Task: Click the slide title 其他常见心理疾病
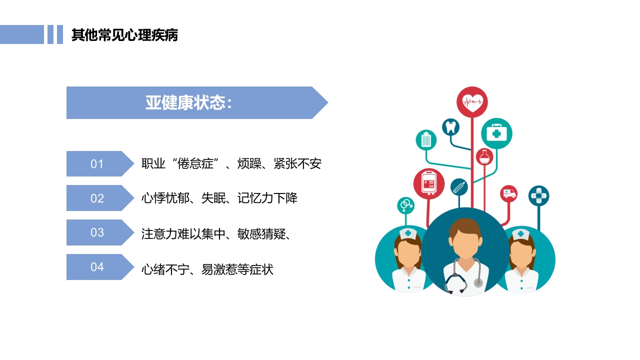pyautogui.click(x=124, y=35)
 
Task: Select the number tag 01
pyautogui.click(x=97, y=164)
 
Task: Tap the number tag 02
pyautogui.click(x=97, y=198)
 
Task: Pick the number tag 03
pyautogui.click(x=97, y=232)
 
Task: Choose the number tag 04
pyautogui.click(x=97, y=267)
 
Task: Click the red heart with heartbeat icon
pyautogui.click(x=472, y=102)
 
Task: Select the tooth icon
pyautogui.click(x=450, y=126)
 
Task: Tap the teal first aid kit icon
pyautogui.click(x=496, y=133)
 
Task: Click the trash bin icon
pyautogui.click(x=426, y=140)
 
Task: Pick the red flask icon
pyautogui.click(x=484, y=157)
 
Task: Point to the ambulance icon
pyautogui.click(x=509, y=193)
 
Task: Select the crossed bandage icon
pyautogui.click(x=538, y=195)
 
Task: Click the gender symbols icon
pyautogui.click(x=406, y=204)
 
